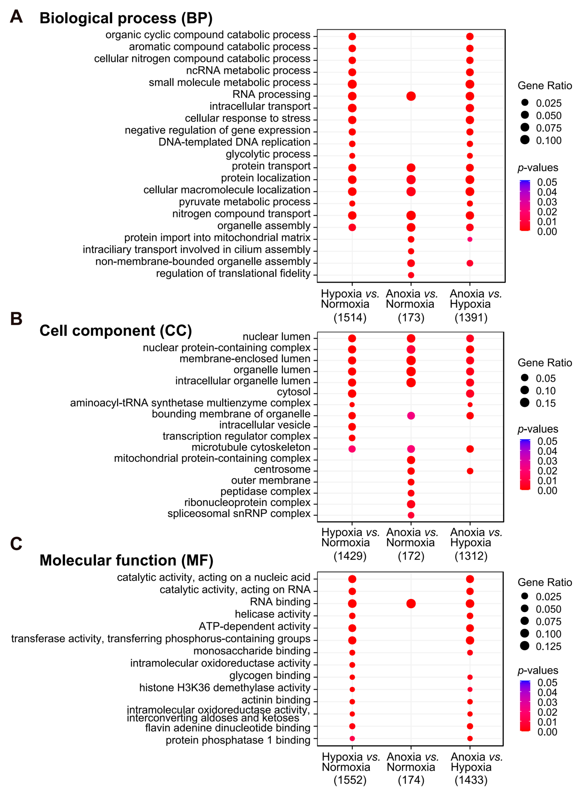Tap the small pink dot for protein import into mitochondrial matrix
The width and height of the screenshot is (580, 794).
pyautogui.click(x=470, y=239)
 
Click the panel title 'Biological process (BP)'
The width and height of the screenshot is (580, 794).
pyautogui.click(x=126, y=18)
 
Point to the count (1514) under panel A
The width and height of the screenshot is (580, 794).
pyautogui.click(x=350, y=318)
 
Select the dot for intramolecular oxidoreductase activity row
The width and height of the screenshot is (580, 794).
pyautogui.click(x=352, y=665)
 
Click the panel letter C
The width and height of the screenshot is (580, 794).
pyautogui.click(x=16, y=544)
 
